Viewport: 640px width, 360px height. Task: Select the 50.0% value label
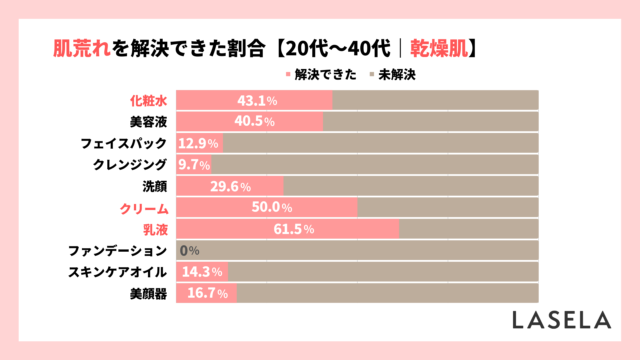point(271,208)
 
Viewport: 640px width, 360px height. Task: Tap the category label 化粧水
point(150,101)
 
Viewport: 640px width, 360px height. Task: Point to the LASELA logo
point(561,320)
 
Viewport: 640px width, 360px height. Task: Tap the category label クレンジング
point(130,165)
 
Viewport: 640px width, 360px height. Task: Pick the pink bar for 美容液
point(250,122)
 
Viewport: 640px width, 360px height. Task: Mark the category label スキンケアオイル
point(119,272)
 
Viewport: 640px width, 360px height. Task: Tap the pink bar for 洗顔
point(230,186)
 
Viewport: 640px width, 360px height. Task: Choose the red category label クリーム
point(143,208)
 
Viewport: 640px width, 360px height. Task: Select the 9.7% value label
point(194,165)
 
